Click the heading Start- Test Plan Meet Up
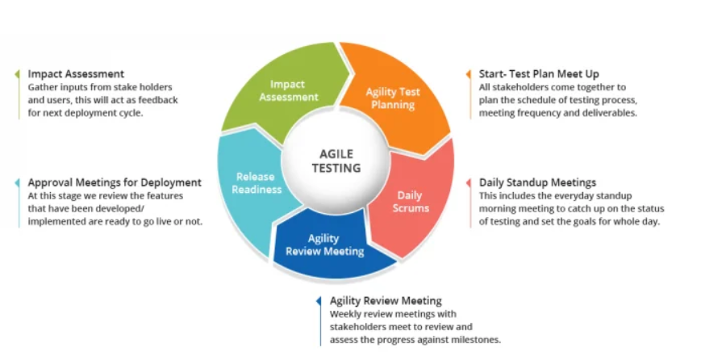(539, 74)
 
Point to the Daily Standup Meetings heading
(537, 182)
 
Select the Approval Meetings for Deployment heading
(115, 182)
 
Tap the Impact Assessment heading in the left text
(76, 74)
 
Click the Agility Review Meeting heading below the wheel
(386, 301)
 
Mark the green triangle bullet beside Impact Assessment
(17, 74)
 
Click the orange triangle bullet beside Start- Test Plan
(469, 74)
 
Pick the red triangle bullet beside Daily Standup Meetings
(469, 182)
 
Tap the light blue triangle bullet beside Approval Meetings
(17, 182)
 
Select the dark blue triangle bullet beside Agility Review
(319, 301)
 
